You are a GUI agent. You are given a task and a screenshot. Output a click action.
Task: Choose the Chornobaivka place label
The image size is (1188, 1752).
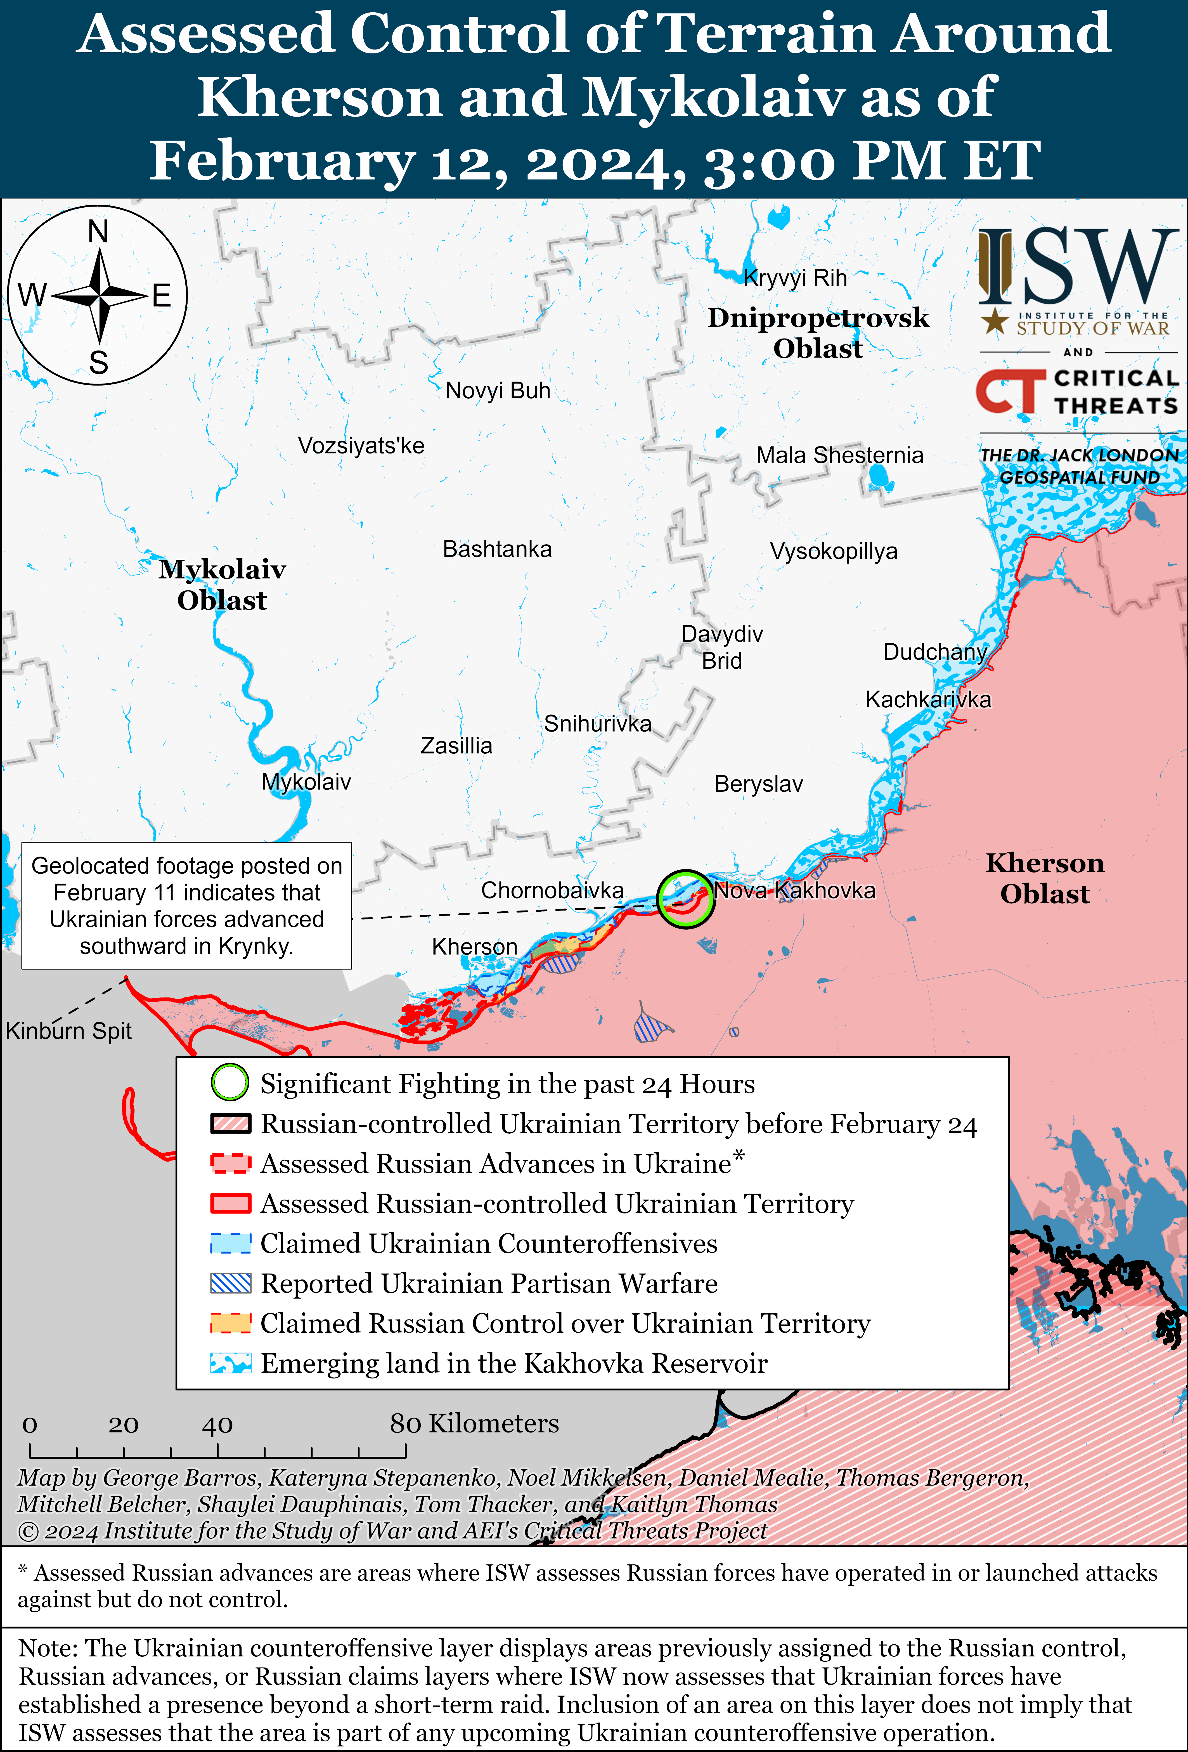tap(552, 890)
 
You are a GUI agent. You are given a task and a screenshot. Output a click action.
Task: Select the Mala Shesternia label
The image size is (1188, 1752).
tap(839, 455)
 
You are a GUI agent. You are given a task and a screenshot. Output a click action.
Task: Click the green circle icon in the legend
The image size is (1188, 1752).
tap(229, 1082)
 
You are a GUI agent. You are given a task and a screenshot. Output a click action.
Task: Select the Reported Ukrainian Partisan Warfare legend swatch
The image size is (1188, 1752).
tap(230, 1283)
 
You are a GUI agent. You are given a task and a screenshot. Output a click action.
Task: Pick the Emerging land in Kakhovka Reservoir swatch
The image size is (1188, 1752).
tap(230, 1363)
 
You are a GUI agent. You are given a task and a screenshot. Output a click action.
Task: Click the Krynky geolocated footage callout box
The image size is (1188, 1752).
tap(186, 905)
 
